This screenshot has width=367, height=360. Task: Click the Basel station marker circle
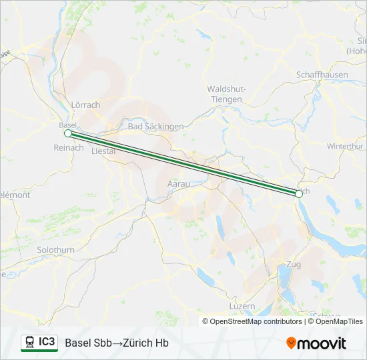click(67, 133)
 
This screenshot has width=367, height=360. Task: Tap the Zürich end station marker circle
click(299, 194)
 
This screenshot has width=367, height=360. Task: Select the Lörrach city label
click(85, 105)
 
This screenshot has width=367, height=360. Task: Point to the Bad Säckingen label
click(155, 126)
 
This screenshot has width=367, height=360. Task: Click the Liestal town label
click(103, 151)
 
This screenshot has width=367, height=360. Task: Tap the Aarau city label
click(178, 183)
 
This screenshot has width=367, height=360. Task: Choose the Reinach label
click(69, 147)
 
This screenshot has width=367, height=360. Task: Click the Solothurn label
click(56, 249)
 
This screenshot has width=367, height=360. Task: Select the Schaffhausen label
click(322, 75)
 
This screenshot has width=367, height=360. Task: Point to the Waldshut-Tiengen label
click(227, 94)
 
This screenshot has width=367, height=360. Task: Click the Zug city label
click(293, 265)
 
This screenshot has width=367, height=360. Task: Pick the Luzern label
click(242, 306)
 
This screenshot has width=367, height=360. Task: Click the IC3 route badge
click(47, 342)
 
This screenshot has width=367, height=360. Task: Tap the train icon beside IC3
click(29, 343)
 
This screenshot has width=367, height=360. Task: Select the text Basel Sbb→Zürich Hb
click(117, 343)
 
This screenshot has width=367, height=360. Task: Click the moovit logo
click(316, 343)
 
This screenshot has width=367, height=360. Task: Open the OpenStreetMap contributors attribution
click(252, 321)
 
